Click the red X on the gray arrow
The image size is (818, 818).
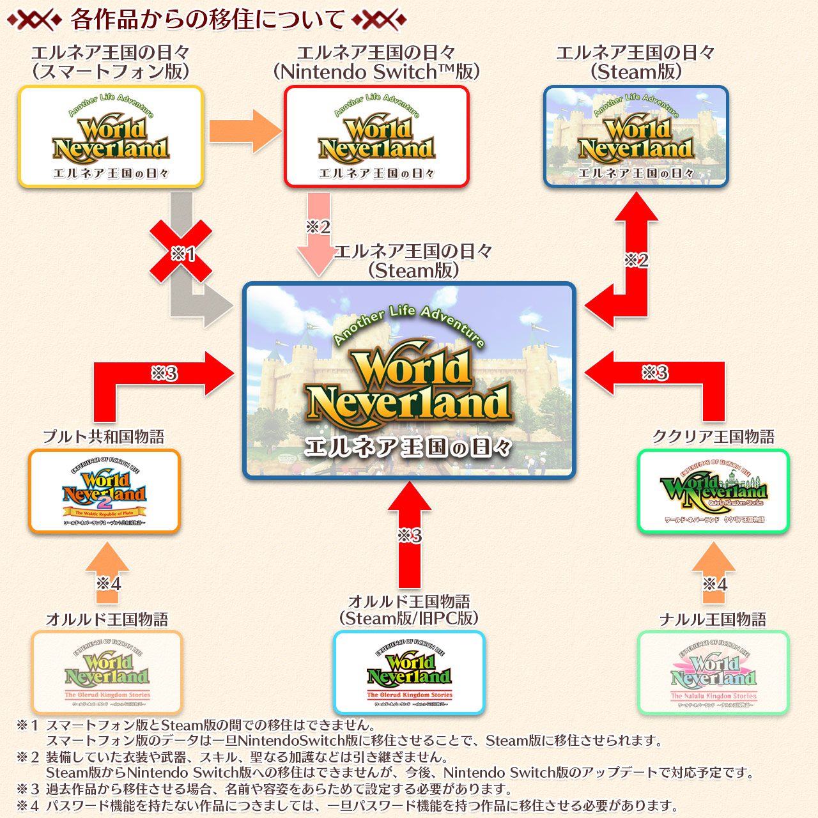181,251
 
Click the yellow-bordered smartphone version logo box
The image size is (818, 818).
111,136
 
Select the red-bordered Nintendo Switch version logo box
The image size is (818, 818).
376,136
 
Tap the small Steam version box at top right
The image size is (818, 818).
636,136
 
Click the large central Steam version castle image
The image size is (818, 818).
409,381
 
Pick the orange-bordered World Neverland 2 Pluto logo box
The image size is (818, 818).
105,491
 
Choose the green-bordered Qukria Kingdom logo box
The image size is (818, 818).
713,491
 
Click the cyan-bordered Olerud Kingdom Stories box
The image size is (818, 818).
409,672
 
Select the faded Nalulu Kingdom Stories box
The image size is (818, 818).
713,672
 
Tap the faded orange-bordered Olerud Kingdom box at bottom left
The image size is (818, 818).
107,672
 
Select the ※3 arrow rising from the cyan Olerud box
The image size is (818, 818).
410,534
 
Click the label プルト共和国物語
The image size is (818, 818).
104,436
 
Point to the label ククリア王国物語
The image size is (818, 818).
713,436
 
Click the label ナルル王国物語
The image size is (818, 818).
713,619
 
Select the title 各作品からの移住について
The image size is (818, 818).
208,20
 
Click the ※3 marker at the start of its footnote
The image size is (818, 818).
28,789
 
